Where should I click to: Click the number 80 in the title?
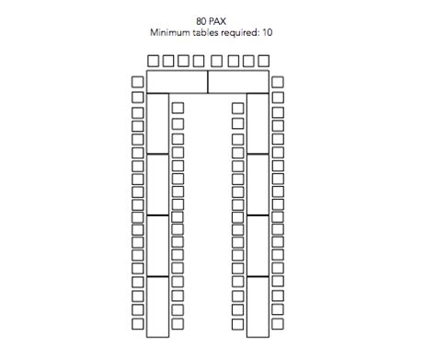click(x=201, y=21)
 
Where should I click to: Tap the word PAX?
click(x=217, y=21)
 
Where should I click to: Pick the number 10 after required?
click(x=267, y=32)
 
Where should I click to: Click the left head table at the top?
click(x=178, y=82)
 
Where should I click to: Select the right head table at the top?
click(x=238, y=82)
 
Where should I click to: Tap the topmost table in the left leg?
click(x=157, y=123)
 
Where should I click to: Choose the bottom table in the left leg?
click(x=157, y=307)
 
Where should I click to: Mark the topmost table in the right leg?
click(x=258, y=123)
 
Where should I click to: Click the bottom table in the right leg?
click(x=258, y=307)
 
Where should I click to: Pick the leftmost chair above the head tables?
click(x=153, y=61)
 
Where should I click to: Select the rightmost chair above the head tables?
click(x=263, y=61)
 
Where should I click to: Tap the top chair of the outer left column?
click(x=138, y=82)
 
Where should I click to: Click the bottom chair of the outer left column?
click(x=138, y=324)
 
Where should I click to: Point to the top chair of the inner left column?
click(x=178, y=108)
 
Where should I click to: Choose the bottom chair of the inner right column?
click(x=237, y=324)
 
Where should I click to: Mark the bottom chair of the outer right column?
click(x=278, y=324)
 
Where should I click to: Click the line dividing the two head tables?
click(x=208, y=82)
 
